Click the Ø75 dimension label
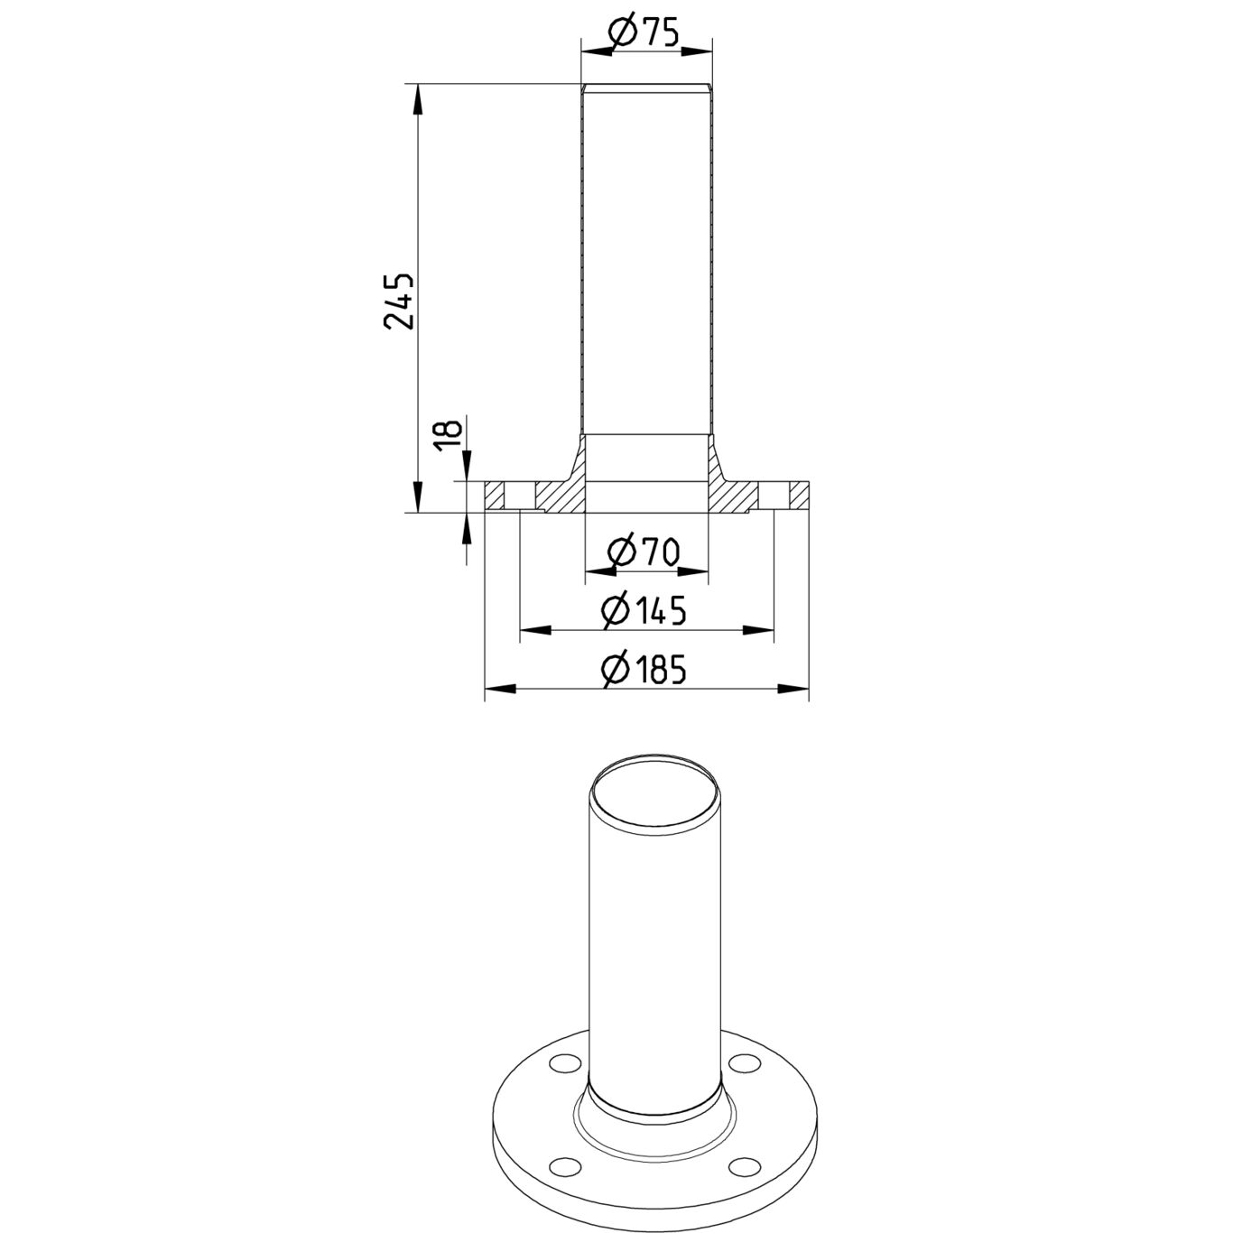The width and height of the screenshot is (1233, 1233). [x=643, y=32]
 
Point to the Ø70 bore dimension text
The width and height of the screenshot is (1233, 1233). [x=643, y=552]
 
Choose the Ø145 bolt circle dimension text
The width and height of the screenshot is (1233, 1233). [x=644, y=610]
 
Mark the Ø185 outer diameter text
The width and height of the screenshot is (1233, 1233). [x=644, y=669]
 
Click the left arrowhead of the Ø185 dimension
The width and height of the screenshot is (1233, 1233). [x=500, y=689]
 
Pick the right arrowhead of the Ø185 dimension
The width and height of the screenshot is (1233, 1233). [x=793, y=689]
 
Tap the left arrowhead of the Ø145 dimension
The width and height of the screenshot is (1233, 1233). [x=535, y=630]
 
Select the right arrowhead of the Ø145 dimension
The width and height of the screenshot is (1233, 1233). [x=758, y=630]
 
